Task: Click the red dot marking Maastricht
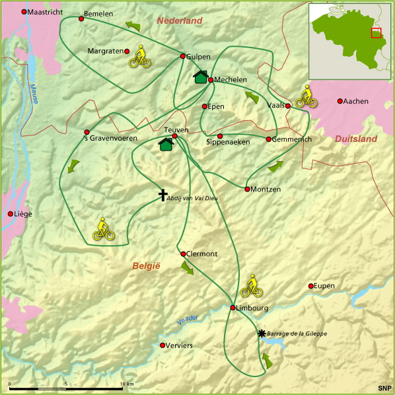tap(24, 12)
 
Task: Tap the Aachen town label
tap(356, 101)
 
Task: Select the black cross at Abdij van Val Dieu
tap(163, 194)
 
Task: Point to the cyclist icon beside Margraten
tap(139, 57)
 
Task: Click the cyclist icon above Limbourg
tap(251, 285)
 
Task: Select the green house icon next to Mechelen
tap(200, 77)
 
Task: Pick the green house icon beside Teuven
tap(166, 143)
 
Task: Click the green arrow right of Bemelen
tap(133, 26)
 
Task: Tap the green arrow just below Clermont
tap(187, 268)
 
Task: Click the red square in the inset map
tap(376, 33)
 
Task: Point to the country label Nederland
tap(179, 21)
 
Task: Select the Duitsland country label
tap(355, 139)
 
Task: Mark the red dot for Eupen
tap(310, 286)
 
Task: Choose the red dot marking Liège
tap(10, 214)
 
